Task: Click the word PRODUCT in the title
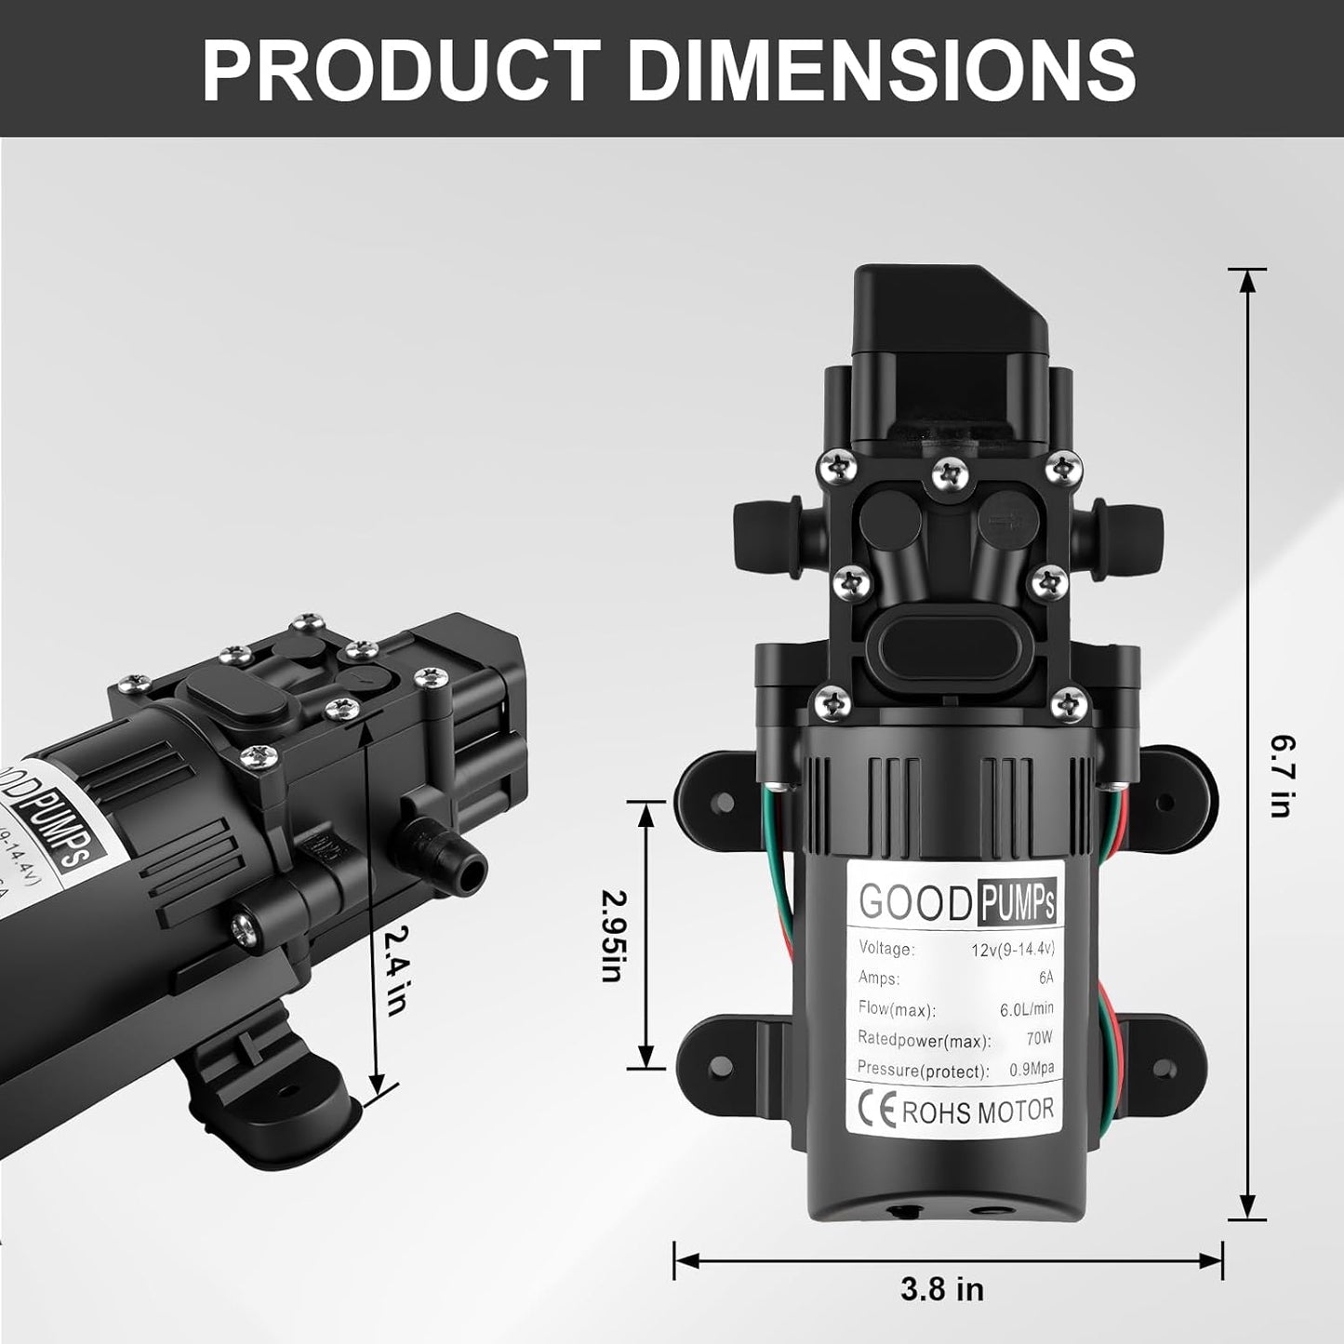pyautogui.click(x=400, y=70)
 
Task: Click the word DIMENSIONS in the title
pyautogui.click(x=882, y=70)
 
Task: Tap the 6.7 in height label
pyautogui.click(x=1282, y=776)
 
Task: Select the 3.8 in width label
pyautogui.click(x=941, y=1290)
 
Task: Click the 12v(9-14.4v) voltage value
pyautogui.click(x=1009, y=949)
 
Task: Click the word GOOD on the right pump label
pyautogui.click(x=913, y=902)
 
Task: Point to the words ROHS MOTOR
pyautogui.click(x=978, y=1111)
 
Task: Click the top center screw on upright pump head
pyautogui.click(x=949, y=472)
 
